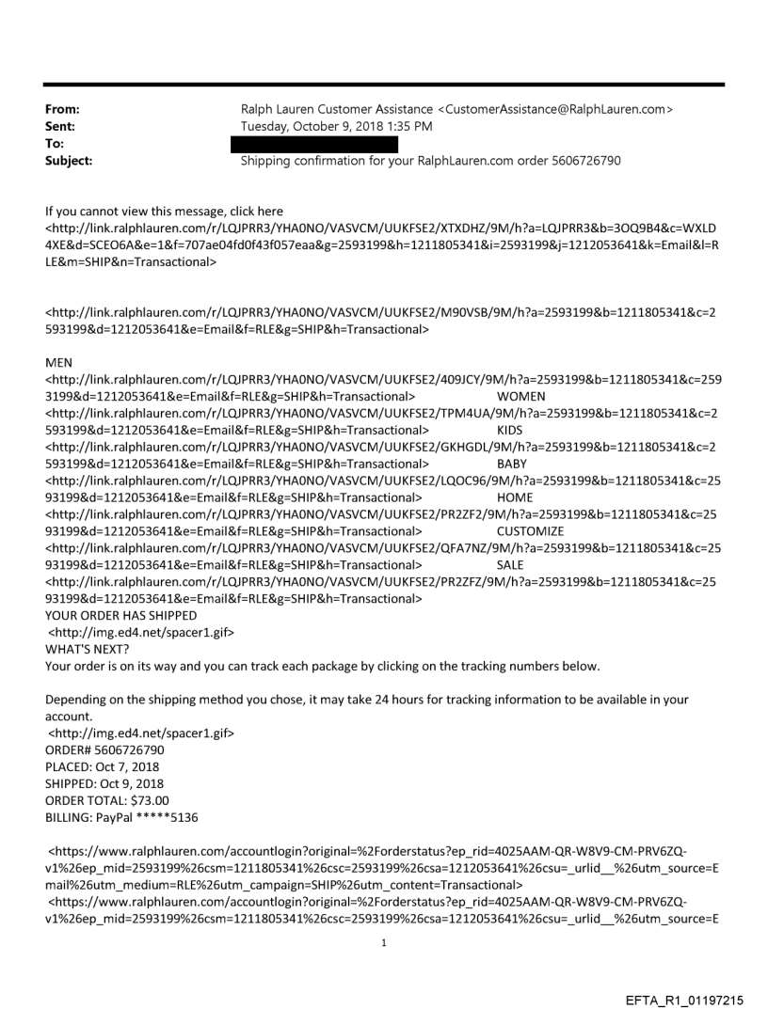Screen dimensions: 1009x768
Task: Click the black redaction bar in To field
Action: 319,144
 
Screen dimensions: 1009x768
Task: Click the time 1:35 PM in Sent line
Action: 414,127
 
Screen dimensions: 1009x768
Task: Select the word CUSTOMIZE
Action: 530,531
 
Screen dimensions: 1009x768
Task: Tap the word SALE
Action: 509,565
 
